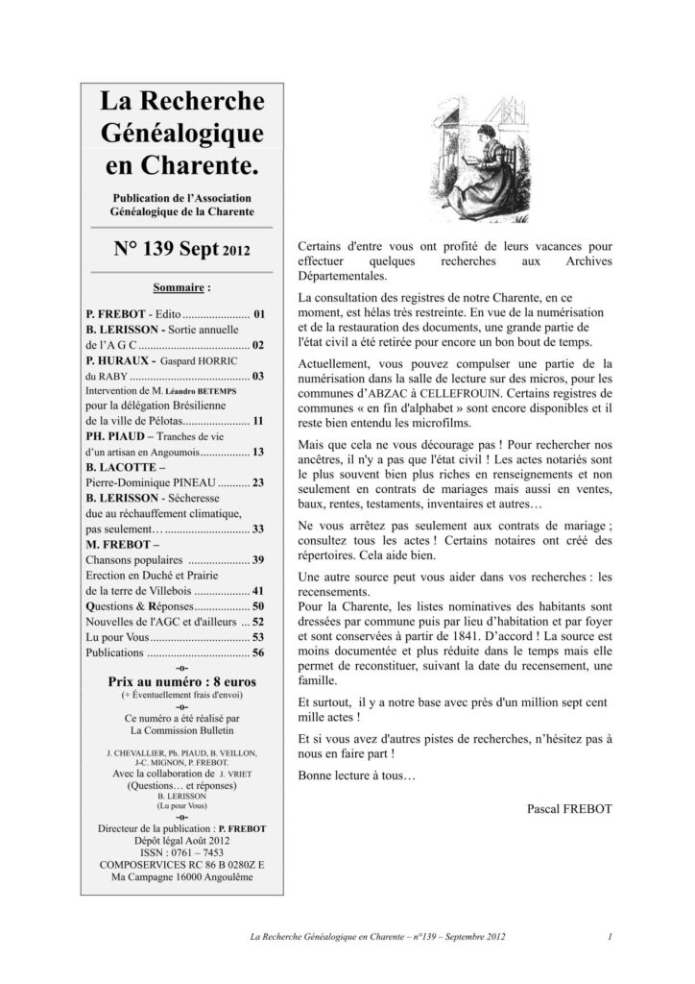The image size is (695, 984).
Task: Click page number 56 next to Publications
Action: (x=258, y=652)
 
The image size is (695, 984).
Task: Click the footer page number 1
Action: (x=611, y=935)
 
